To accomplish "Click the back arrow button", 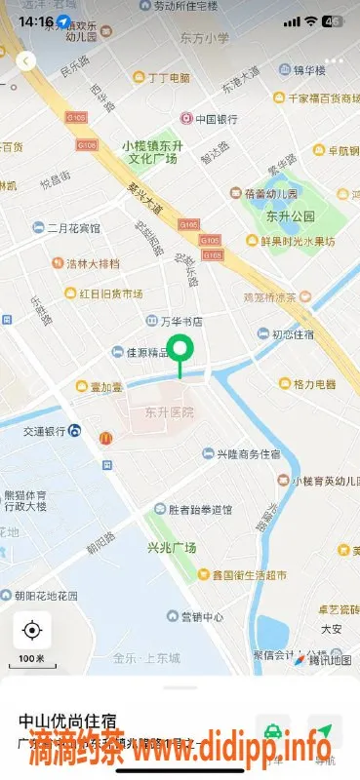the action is click(x=26, y=60).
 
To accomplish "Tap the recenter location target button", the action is click(x=31, y=630).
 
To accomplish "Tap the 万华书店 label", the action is click(x=181, y=321).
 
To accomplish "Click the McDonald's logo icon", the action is click(x=105, y=439).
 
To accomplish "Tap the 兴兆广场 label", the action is click(x=171, y=548).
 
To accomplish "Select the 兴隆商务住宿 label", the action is click(x=248, y=455).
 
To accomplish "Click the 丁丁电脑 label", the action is click(x=169, y=77).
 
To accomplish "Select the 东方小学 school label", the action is click(x=205, y=39).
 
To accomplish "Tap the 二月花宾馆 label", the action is click(x=74, y=228).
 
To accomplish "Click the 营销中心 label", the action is click(x=203, y=617).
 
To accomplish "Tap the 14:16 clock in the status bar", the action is click(x=35, y=19).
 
